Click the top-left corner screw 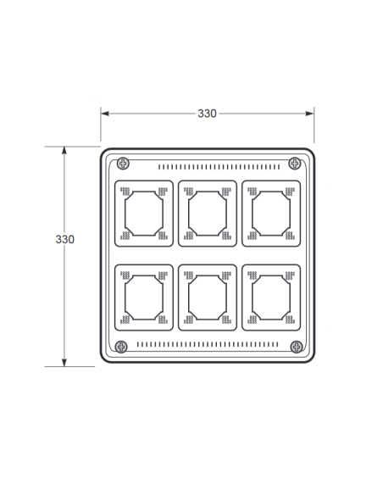pyautogui.click(x=123, y=164)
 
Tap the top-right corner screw pyautogui.click(x=295, y=164)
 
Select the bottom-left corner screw pyautogui.click(x=121, y=347)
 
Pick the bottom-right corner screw pyautogui.click(x=297, y=347)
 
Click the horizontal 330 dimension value pyautogui.click(x=207, y=114)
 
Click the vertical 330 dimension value pyautogui.click(x=65, y=239)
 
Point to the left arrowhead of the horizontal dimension pyautogui.click(x=105, y=114)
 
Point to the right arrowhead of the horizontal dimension pyautogui.click(x=310, y=114)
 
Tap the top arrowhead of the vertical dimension pyautogui.click(x=64, y=150)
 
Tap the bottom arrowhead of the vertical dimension pyautogui.click(x=64, y=363)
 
